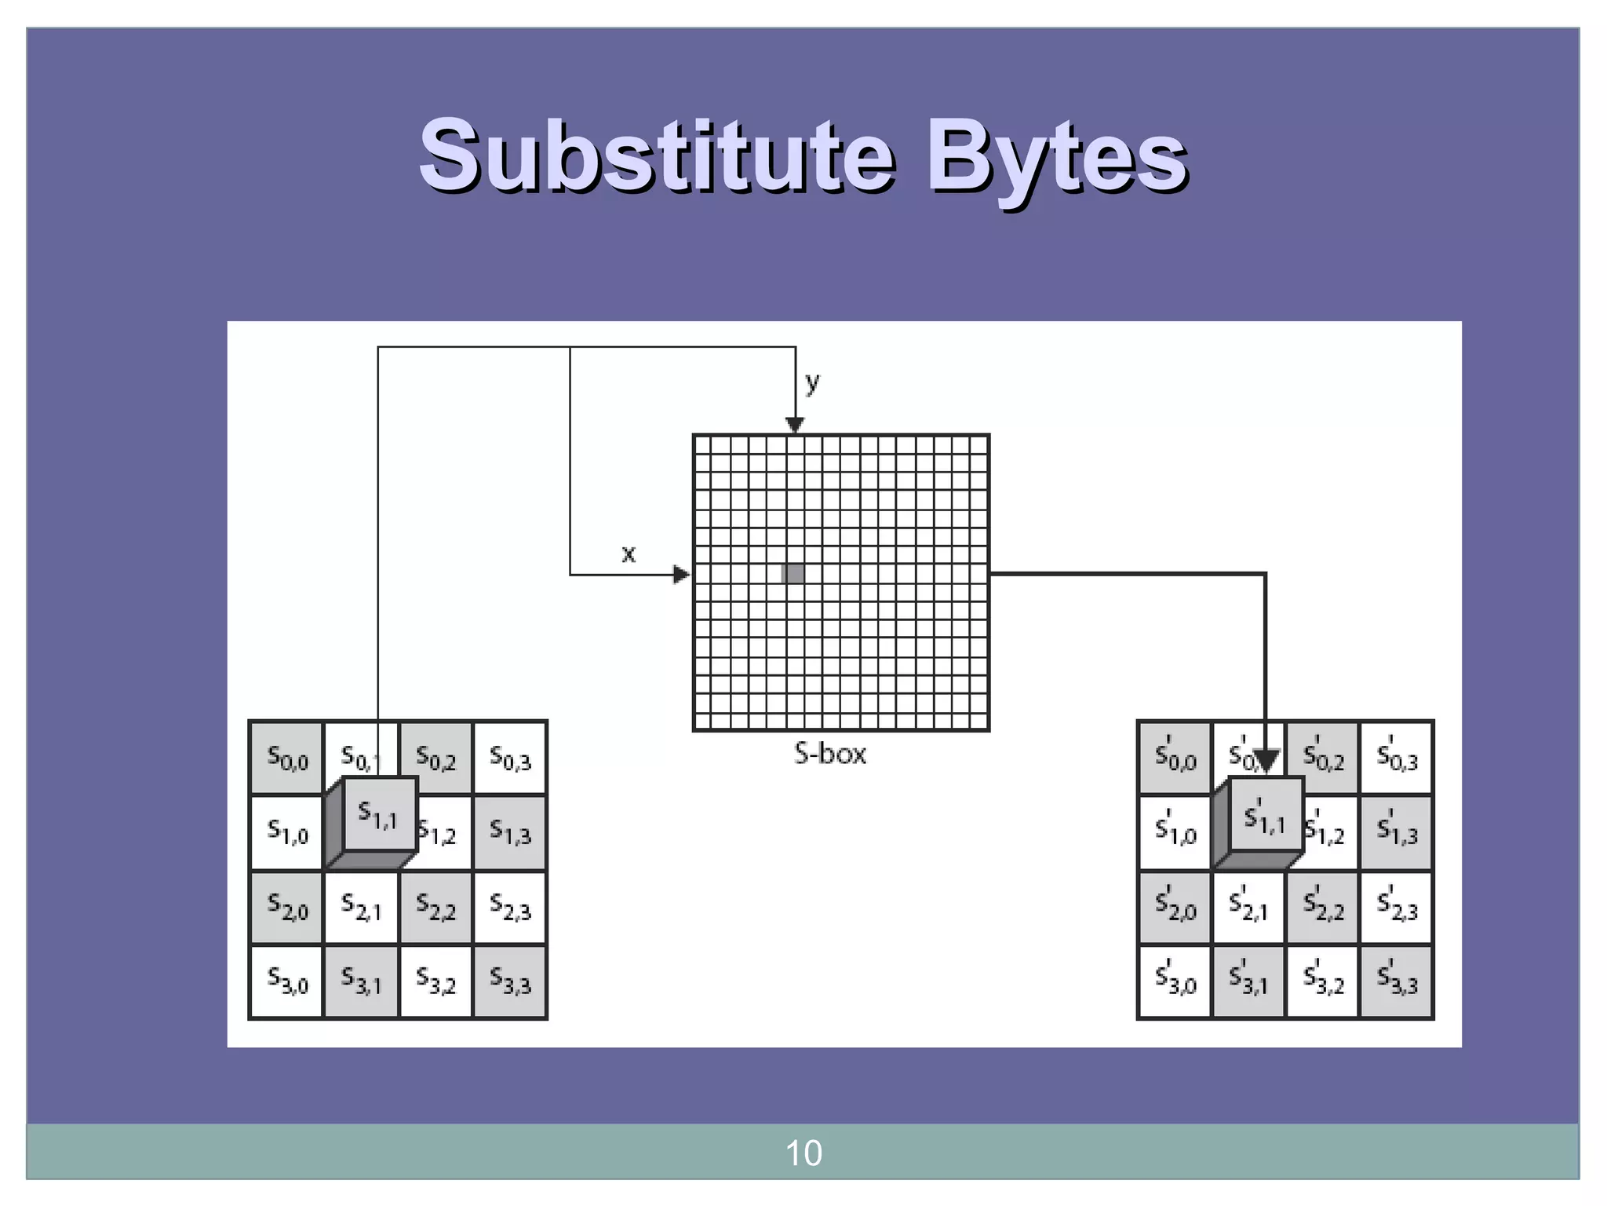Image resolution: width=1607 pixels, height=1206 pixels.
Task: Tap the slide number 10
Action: (803, 1153)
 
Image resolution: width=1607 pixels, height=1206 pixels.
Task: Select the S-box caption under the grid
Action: (830, 754)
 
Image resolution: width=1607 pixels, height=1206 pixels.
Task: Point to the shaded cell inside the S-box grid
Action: (794, 573)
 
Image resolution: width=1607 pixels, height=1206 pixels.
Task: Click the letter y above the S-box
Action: (812, 382)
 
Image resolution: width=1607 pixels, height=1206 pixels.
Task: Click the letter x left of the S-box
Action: (628, 554)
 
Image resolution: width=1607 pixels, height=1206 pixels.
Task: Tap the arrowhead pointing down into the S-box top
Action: (795, 425)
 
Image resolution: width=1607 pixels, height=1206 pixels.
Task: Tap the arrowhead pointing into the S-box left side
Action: (682, 575)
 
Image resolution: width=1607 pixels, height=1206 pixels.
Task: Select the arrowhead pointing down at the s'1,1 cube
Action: (1266, 760)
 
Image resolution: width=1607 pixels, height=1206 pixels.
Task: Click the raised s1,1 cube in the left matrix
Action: (379, 813)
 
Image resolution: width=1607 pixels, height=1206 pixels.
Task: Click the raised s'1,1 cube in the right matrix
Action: (1266, 815)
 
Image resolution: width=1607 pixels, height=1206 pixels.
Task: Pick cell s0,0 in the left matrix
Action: (287, 758)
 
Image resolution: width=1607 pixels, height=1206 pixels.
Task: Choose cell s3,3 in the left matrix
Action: (510, 981)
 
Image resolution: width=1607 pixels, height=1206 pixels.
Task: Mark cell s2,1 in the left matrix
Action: (361, 908)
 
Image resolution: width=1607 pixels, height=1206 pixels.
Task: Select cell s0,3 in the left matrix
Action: (510, 758)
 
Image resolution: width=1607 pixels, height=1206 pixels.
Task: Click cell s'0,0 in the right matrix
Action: (1175, 758)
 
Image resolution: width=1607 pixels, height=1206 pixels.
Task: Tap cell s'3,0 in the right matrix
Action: (1175, 981)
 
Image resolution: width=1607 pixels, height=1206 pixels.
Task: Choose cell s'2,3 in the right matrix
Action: (1397, 908)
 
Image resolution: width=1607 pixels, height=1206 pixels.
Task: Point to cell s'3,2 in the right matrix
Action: (1323, 981)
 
